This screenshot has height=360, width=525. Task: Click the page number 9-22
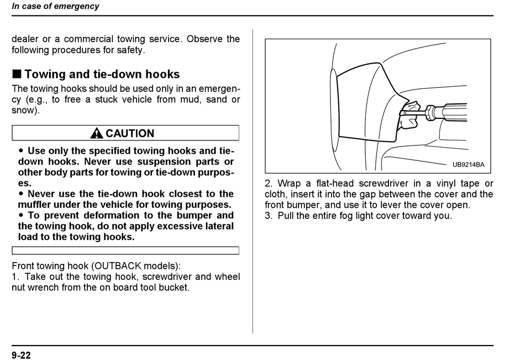(x=22, y=355)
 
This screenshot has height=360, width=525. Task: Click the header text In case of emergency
(x=55, y=7)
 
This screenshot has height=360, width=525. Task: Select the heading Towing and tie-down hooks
(x=102, y=74)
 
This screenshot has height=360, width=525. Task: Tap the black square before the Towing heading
(x=17, y=74)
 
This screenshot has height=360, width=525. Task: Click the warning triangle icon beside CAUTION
(x=97, y=133)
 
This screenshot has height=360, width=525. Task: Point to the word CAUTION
(x=130, y=133)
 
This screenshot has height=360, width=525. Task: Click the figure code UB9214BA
(x=468, y=165)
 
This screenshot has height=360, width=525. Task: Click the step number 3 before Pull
(x=267, y=216)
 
